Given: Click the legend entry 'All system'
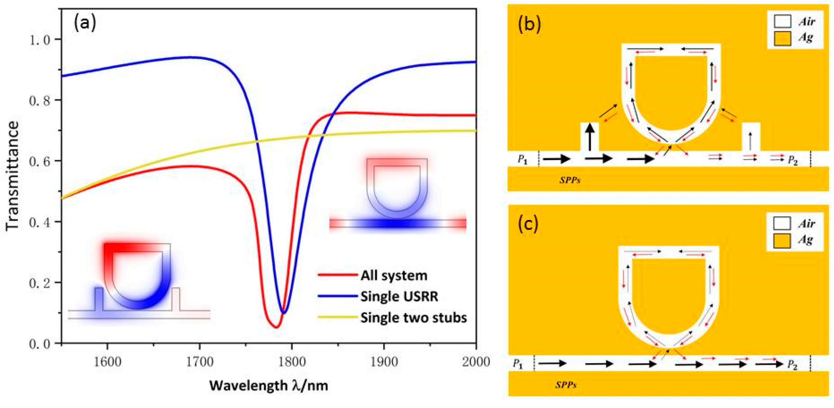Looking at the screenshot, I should click(394, 276).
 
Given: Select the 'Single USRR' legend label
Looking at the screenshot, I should click(399, 296).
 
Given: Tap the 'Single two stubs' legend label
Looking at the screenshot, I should click(414, 318).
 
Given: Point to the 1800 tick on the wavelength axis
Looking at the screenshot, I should click(292, 361).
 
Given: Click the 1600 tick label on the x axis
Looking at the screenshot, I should click(107, 361).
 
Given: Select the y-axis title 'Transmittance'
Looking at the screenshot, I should click(13, 176).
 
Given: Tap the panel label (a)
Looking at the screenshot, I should click(85, 23).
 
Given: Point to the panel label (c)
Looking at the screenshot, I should click(528, 225).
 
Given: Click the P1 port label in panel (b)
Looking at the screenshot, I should click(522, 160).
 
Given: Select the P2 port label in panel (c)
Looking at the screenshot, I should click(792, 365).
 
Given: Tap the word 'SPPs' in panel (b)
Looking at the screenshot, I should click(570, 181).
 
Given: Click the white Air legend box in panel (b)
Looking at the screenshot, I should click(782, 22).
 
